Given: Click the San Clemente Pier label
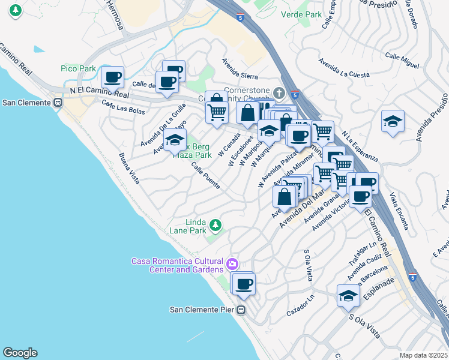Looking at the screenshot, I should [x=202, y=310].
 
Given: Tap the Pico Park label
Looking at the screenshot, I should [x=78, y=69].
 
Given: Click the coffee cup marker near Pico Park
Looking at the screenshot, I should [x=112, y=77].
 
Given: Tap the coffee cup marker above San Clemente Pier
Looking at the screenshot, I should [x=243, y=284].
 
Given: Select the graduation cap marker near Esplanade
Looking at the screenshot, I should [x=348, y=296].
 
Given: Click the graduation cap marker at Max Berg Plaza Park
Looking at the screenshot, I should [x=175, y=140].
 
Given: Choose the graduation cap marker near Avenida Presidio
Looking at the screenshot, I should [x=393, y=121].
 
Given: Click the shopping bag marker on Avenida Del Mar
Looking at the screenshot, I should [x=285, y=196].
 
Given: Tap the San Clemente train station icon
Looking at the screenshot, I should [x=58, y=103].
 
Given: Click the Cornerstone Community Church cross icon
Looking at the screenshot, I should [x=278, y=93].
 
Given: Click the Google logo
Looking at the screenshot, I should [x=20, y=353].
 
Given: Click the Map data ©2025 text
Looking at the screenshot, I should [x=423, y=355].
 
